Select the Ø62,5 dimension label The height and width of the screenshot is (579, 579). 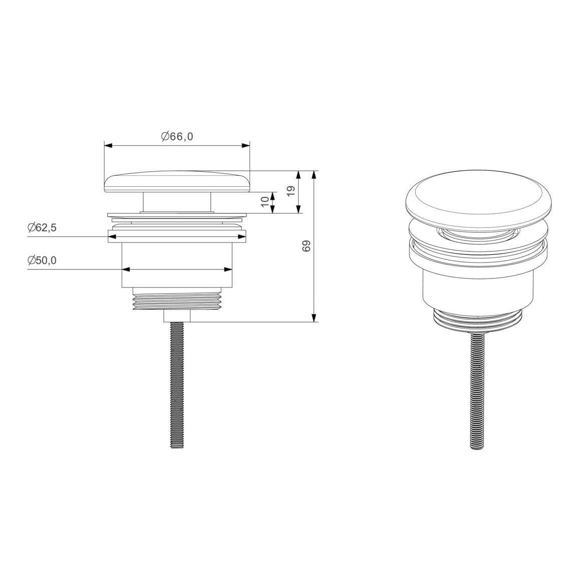pos(42,227)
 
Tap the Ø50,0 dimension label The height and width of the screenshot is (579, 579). pos(42,260)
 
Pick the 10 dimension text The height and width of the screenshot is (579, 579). pos(264,202)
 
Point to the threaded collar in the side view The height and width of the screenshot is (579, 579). pos(177,300)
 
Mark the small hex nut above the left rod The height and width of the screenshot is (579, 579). pos(177,317)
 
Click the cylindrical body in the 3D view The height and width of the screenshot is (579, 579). pos(478,285)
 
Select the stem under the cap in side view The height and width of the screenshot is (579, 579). pos(177,202)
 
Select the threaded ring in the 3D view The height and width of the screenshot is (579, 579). pos(478,321)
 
